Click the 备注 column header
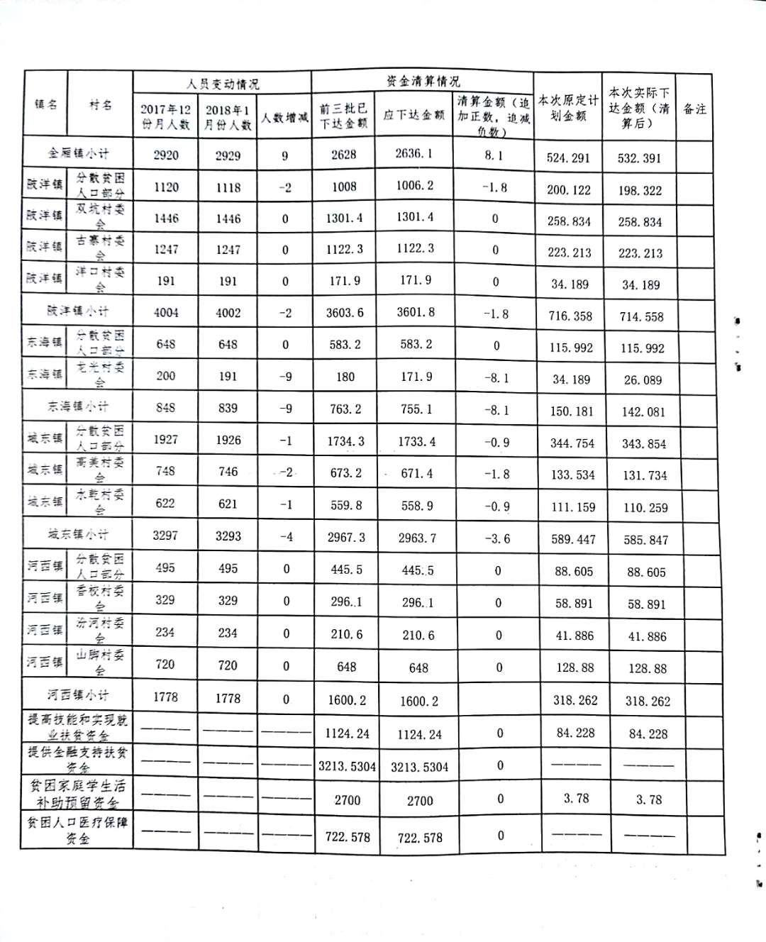pos(694,109)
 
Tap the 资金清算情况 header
pos(423,82)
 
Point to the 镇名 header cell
pos(46,104)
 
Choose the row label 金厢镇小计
pos(79,153)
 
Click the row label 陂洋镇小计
pos(79,311)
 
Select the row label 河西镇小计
pos(78,695)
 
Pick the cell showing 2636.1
pos(415,154)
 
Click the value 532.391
pos(639,158)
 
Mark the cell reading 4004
pos(166,313)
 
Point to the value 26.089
pos(643,380)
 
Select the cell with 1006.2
pos(415,186)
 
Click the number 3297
pos(165,536)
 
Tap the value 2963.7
pos(417,538)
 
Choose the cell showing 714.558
pos(641,317)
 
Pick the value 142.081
pos(643,412)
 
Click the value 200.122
pos(569,190)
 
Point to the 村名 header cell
pos(100,104)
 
